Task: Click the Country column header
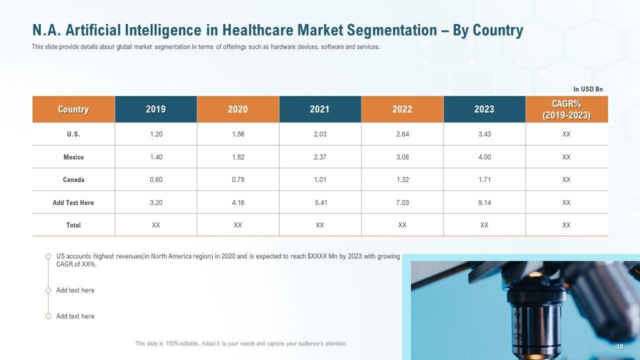[x=73, y=109]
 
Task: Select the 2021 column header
[x=320, y=109]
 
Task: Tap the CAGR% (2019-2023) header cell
[x=566, y=109]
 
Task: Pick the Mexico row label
[x=73, y=157]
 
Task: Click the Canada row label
[x=73, y=179]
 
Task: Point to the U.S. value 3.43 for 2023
[x=484, y=134]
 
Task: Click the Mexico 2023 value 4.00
[x=484, y=157]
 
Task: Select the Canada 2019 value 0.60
[x=156, y=179]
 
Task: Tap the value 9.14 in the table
[x=484, y=202]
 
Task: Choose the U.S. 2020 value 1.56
[x=238, y=134]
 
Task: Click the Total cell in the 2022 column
[x=402, y=225]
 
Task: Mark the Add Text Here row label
[x=73, y=202]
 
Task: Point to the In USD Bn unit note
[x=588, y=89]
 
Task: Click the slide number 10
[x=620, y=347]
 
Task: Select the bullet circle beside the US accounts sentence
[x=48, y=256]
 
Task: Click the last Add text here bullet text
[x=75, y=316]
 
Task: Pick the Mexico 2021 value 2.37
[x=320, y=157]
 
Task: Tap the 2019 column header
[x=156, y=109]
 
